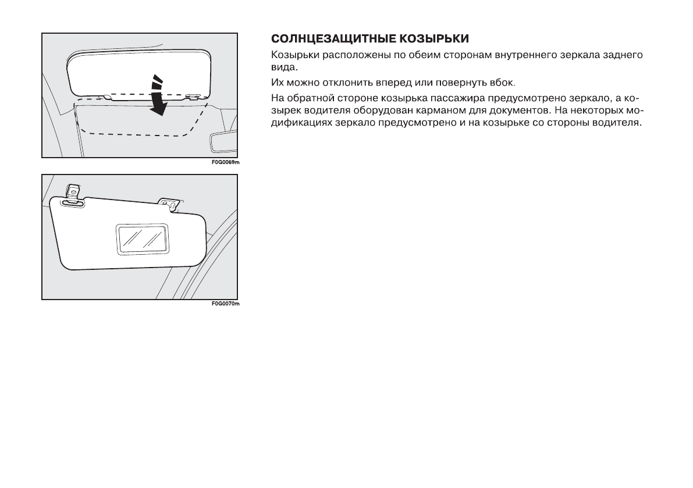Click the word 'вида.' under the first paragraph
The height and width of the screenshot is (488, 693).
(282, 67)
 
